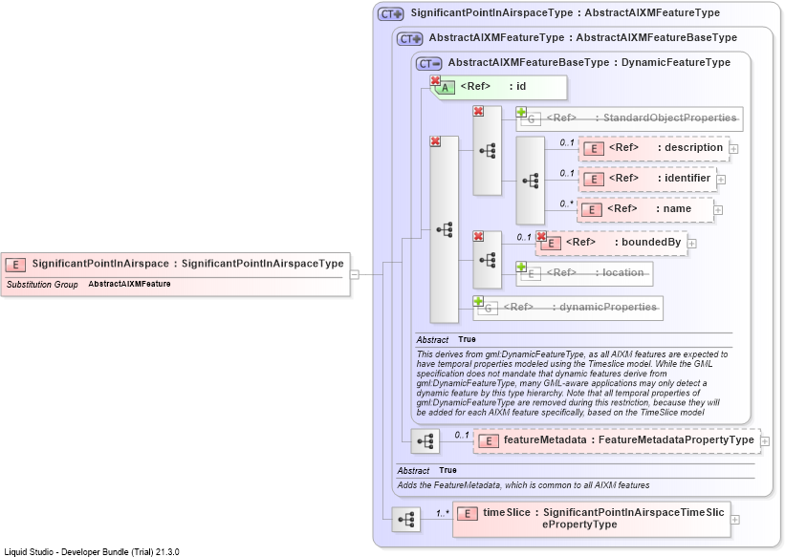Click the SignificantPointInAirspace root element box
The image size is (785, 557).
pos(176,274)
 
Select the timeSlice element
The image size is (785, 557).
pos(591,519)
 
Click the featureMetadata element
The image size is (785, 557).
pos(617,440)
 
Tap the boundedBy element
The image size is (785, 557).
pos(612,244)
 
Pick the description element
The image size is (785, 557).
pos(654,148)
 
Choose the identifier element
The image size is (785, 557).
pos(648,179)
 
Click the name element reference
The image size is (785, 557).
pos(645,209)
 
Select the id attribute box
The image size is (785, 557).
pos(499,87)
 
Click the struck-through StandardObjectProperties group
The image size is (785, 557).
pos(630,118)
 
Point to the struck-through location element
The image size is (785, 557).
pos(585,274)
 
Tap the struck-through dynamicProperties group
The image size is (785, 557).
pos(568,308)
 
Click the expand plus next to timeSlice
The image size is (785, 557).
pos(735,520)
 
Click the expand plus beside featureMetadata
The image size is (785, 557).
pos(765,441)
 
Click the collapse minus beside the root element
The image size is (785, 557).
pos(355,274)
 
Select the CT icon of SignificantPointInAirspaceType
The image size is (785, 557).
pos(390,14)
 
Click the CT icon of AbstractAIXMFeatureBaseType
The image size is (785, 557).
pos(429,64)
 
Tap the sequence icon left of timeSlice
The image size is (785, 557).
pos(406,520)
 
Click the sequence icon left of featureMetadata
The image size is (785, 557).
pos(425,441)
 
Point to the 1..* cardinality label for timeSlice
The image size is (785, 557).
pos(443,513)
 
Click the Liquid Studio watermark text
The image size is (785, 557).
pos(92,552)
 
